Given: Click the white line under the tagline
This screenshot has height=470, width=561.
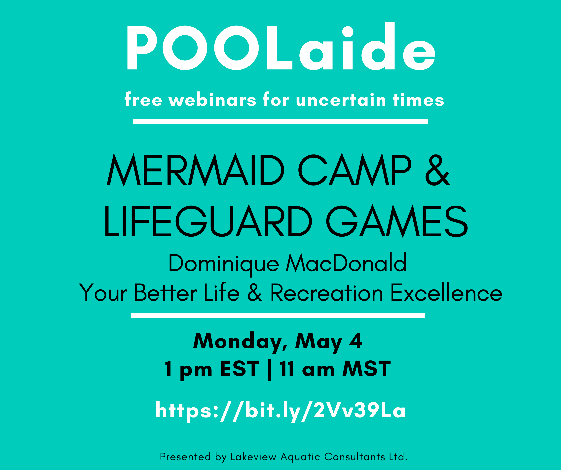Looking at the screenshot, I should click(x=280, y=121).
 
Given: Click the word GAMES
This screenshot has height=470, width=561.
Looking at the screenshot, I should click(x=397, y=221).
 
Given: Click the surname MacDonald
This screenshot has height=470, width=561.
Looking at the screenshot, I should click(x=346, y=263).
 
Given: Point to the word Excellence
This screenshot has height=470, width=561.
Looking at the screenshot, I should click(x=446, y=292).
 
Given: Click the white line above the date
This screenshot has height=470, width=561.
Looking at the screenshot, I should click(x=278, y=316).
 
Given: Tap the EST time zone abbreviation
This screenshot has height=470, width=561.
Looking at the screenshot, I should click(x=240, y=369).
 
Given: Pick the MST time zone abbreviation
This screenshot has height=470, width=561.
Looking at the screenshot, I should click(x=366, y=369).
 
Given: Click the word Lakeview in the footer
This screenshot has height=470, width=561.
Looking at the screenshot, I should click(x=253, y=457).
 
